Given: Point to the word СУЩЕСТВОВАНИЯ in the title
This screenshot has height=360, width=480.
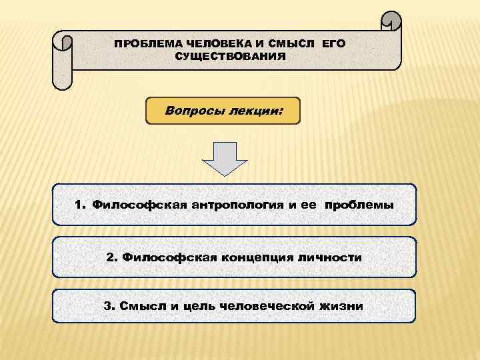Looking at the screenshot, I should [230, 57].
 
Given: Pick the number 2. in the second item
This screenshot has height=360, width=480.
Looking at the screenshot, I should [111, 257].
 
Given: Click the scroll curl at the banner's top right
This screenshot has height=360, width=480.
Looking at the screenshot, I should [391, 22].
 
